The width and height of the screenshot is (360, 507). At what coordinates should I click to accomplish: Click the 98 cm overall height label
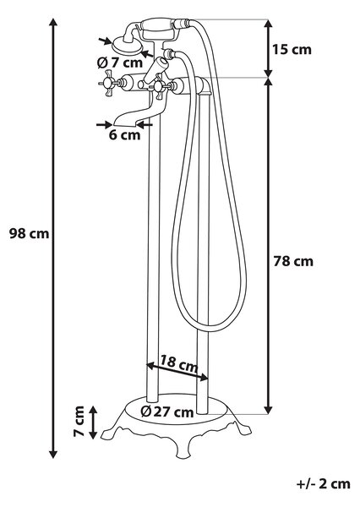(29, 233)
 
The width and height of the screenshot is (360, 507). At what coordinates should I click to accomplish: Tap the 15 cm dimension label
(292, 50)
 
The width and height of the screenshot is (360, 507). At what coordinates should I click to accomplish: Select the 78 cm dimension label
(293, 261)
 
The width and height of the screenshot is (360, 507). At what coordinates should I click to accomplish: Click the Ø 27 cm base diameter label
(167, 412)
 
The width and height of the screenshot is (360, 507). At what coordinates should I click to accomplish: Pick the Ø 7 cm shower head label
(120, 63)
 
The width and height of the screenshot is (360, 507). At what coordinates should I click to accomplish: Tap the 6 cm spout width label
(124, 135)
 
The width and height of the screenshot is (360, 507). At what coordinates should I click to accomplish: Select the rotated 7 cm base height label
(79, 422)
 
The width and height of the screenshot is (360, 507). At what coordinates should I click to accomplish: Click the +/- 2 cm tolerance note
(323, 484)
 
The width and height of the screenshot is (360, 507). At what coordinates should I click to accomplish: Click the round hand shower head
(128, 46)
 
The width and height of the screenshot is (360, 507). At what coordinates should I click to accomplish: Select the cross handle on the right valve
(160, 86)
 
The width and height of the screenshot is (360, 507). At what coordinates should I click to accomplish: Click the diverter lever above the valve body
(155, 70)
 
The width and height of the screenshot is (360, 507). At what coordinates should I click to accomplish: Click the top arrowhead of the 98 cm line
(53, 23)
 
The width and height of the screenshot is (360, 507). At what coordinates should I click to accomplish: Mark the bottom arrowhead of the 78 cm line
(268, 409)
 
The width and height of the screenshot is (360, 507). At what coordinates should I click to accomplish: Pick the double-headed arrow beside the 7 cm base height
(93, 422)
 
